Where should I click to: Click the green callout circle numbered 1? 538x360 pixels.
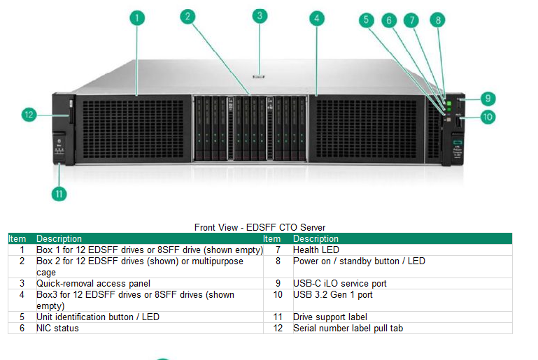(138, 18)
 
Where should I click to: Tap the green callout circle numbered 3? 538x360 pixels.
(260, 15)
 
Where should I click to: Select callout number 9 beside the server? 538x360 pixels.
(488, 99)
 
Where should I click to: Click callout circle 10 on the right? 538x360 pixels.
(488, 117)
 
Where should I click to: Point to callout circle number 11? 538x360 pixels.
(59, 194)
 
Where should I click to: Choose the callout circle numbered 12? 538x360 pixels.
(29, 115)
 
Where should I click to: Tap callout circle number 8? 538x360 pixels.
(439, 20)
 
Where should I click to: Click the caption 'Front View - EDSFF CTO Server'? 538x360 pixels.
(260, 227)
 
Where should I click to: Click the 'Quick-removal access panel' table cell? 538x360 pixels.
(93, 283)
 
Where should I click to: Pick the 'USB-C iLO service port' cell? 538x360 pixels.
(340, 283)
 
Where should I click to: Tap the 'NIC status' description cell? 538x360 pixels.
(57, 328)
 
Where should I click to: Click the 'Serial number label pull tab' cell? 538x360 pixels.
(348, 328)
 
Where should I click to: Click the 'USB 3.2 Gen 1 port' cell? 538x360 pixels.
(333, 294)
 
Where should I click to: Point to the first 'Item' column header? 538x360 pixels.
(17, 239)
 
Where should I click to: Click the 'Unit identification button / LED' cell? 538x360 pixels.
(98, 317)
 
